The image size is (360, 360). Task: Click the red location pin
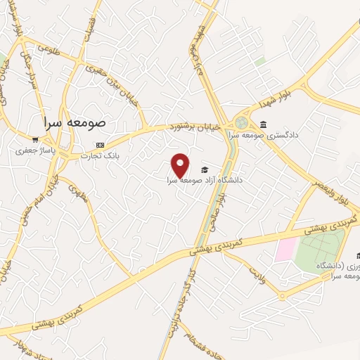pos(181,166)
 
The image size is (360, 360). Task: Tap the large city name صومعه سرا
pos(74,122)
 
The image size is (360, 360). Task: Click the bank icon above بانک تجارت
pos(100,146)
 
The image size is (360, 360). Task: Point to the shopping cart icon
pos(35,139)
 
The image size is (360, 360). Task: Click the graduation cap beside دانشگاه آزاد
pos(205,169)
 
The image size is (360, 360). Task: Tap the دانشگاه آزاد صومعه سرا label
pos(204,180)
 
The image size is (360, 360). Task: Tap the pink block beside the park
pos(285,250)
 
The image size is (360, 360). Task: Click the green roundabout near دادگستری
pos(243,122)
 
